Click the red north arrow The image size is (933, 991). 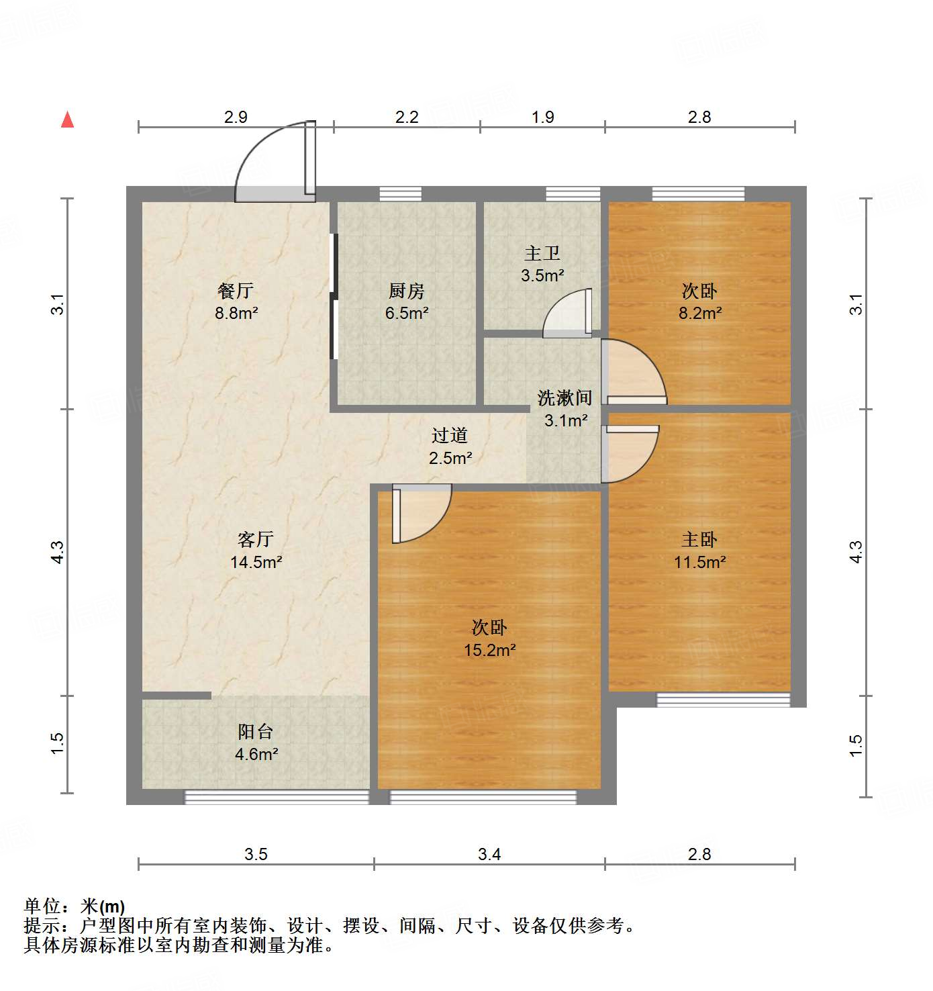[67, 120]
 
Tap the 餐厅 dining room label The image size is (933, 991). [236, 291]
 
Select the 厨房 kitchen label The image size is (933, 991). [407, 291]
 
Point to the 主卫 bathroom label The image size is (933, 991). [542, 254]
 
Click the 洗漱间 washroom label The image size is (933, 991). [565, 398]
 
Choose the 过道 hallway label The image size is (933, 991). [450, 436]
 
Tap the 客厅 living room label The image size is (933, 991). [256, 540]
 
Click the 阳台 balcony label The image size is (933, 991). [256, 732]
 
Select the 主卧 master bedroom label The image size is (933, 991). [699, 540]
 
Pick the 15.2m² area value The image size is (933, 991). [490, 650]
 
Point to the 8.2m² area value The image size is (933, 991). [700, 313]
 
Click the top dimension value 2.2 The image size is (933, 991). [407, 117]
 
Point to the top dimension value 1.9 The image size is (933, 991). [543, 117]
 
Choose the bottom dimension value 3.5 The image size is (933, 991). [256, 854]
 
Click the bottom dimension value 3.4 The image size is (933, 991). [489, 854]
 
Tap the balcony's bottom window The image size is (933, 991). [277, 797]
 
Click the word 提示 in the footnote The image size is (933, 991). [42, 926]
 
